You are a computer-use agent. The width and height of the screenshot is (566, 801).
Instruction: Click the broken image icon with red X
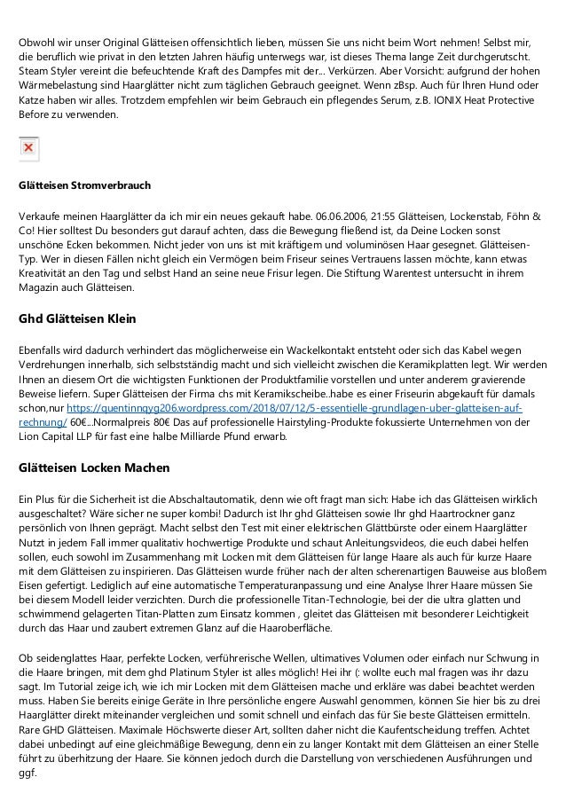(x=28, y=148)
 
